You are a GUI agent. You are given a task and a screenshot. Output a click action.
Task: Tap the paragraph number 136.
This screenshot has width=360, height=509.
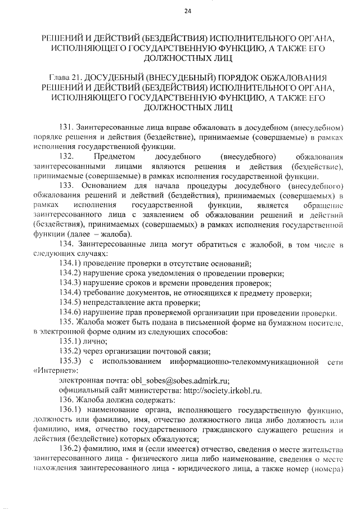click(66, 400)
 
